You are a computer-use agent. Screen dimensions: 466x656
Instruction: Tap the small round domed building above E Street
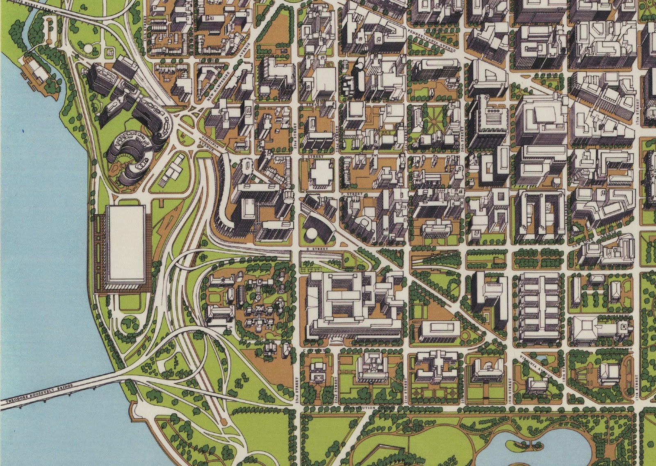310,235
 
